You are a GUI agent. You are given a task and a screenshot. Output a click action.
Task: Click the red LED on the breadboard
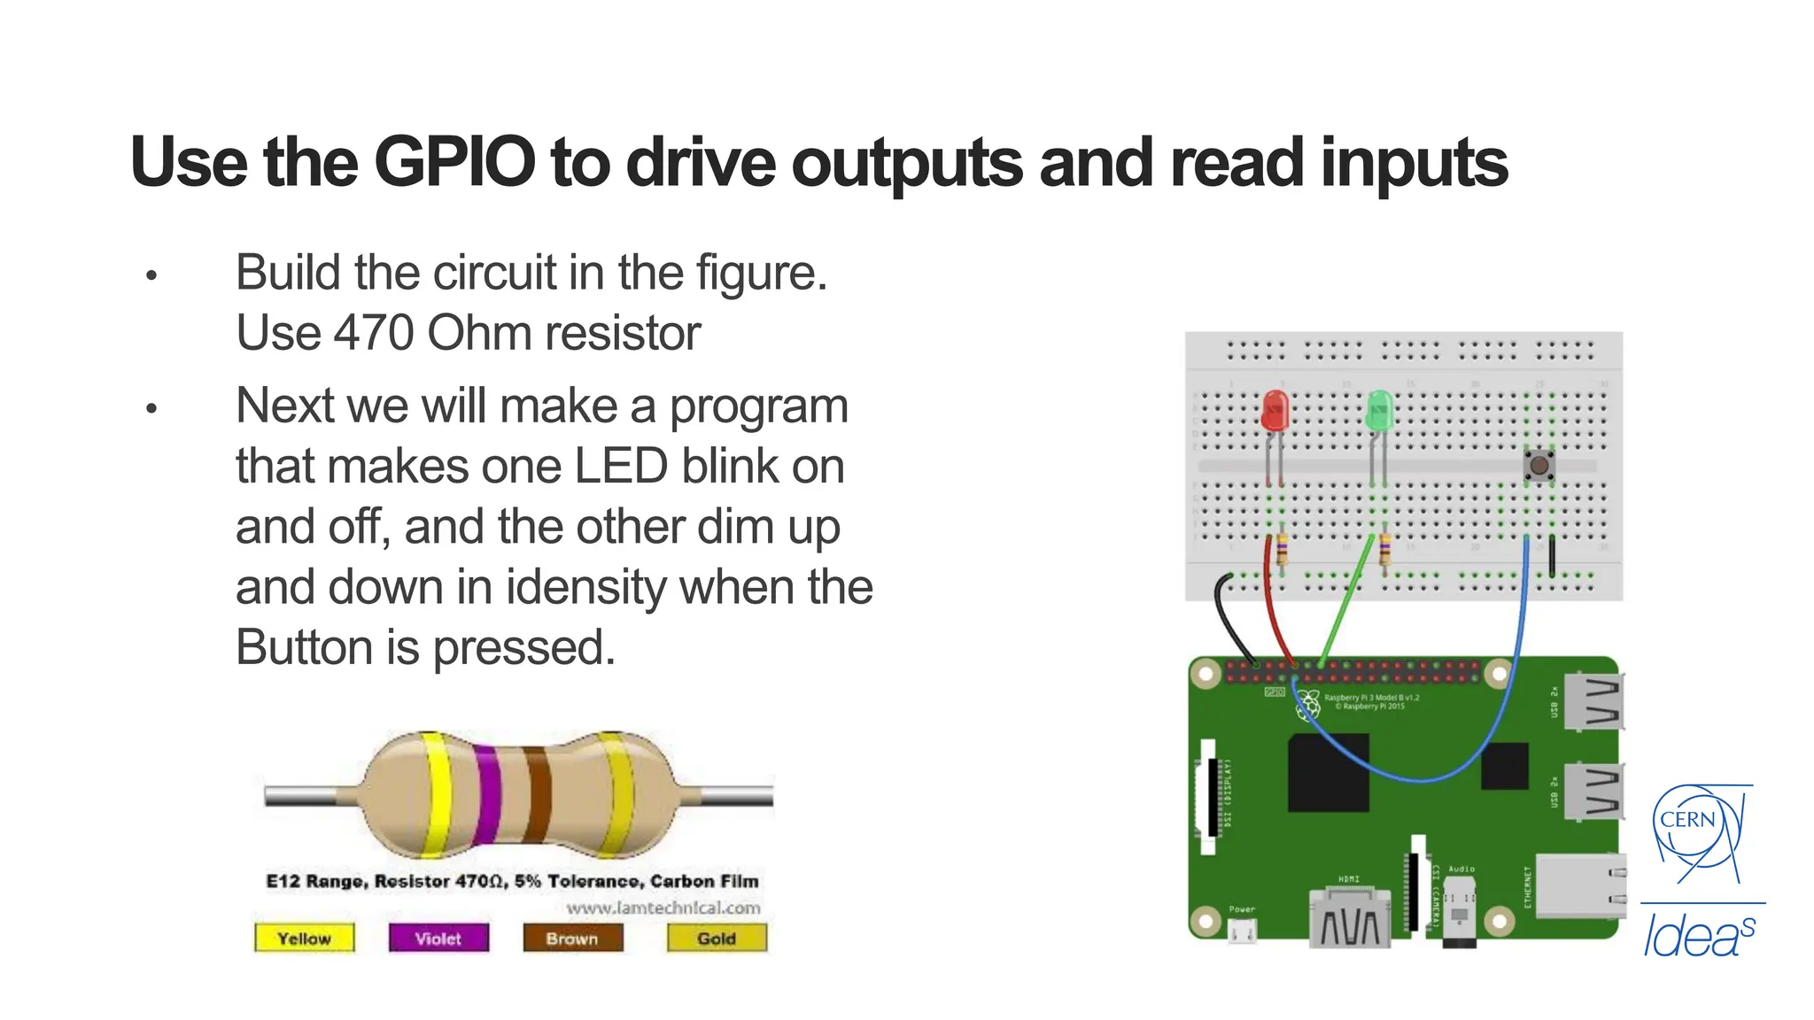coord(1274,412)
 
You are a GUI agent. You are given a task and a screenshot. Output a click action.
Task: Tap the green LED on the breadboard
coord(1379,412)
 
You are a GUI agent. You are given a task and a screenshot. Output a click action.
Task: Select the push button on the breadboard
coord(1539,465)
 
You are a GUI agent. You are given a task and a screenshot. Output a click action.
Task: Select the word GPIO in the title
coord(454,163)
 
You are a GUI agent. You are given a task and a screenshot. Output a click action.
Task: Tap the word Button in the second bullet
coord(303,647)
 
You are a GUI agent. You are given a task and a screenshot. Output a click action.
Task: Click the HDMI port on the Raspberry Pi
coord(1349,919)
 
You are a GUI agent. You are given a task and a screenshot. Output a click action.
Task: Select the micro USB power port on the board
coord(1242,930)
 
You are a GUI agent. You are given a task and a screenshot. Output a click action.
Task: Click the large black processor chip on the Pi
coord(1328,771)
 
